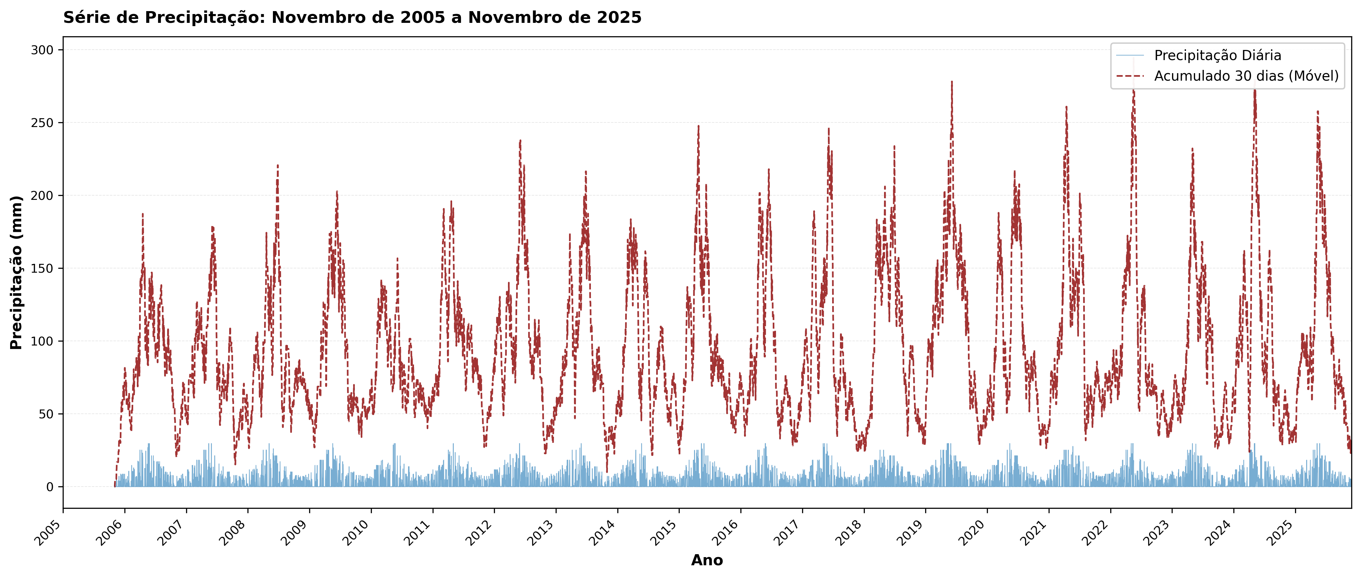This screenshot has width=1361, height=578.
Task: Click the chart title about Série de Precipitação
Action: tap(352, 17)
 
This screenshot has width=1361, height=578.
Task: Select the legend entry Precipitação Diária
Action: tap(1217, 56)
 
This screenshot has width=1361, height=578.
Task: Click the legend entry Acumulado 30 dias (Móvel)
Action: tap(1246, 76)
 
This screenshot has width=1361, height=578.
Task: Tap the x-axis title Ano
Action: tap(706, 560)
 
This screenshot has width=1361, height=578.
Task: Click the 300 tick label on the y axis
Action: tap(42, 50)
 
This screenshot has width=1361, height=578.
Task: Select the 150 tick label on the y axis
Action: tap(42, 268)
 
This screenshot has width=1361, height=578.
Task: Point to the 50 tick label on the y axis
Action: tap(46, 414)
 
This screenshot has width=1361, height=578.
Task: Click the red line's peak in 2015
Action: tap(699, 126)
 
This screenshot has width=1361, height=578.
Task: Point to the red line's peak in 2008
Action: tap(277, 165)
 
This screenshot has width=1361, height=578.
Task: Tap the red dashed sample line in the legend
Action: tap(1130, 76)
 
